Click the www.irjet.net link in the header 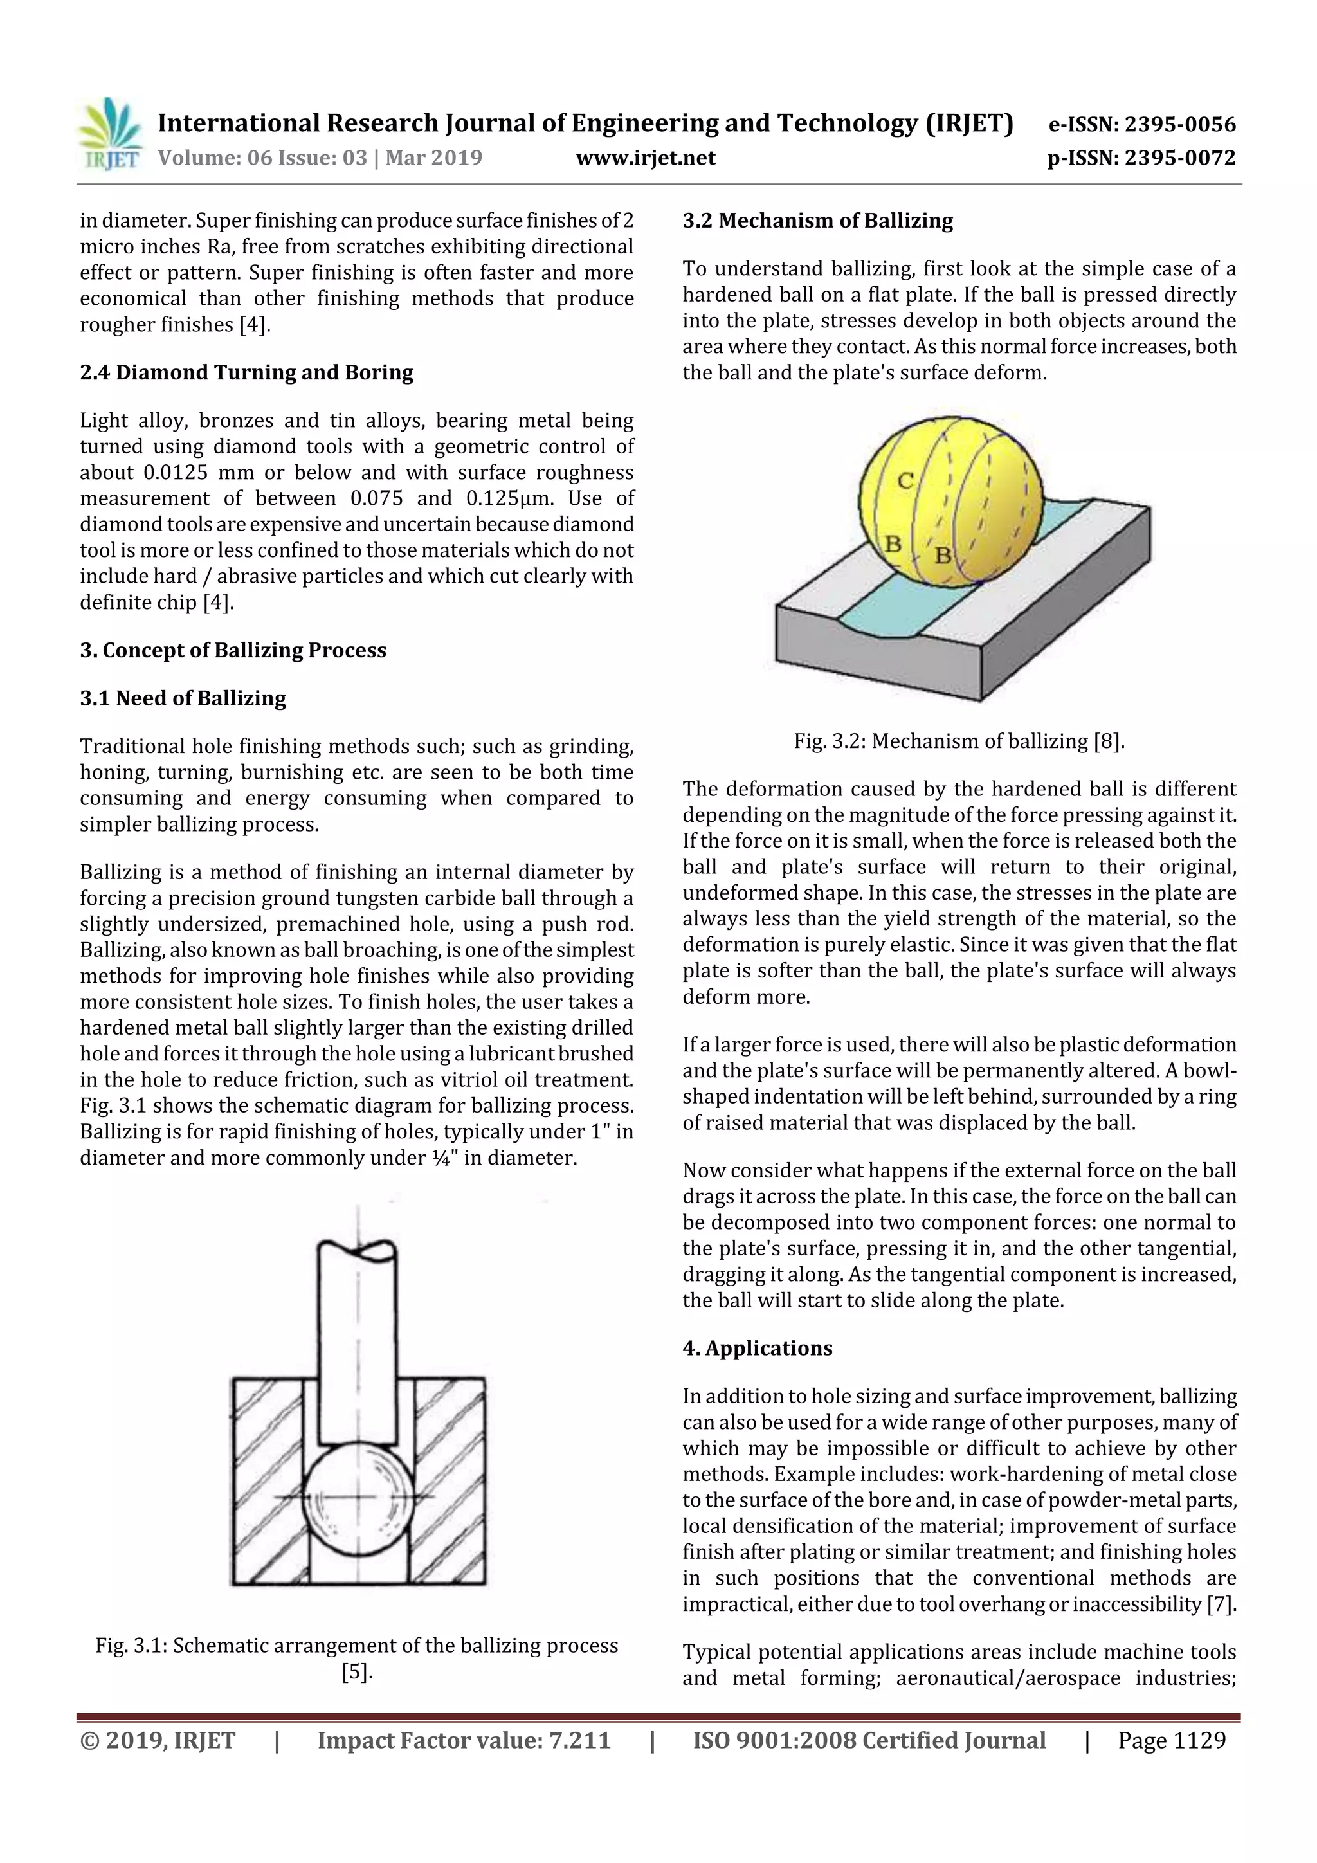645,158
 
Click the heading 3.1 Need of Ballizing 183,698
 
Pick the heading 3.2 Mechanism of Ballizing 817,221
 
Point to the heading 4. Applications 756,1348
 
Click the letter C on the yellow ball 905,481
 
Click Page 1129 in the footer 1171,1740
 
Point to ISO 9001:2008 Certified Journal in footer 868,1740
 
